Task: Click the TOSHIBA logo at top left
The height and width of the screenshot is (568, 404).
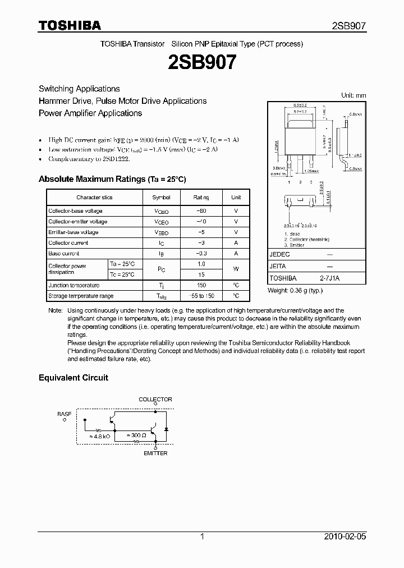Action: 70,25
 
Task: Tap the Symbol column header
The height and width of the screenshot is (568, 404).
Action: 162,198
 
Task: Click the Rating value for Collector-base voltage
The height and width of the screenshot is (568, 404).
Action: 201,211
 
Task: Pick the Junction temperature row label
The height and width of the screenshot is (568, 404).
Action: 74,285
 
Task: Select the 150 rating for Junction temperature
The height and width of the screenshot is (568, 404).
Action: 201,285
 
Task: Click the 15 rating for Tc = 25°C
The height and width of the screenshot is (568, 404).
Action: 201,275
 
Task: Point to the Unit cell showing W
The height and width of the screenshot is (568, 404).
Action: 236,269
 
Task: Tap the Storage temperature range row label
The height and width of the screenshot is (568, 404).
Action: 81,296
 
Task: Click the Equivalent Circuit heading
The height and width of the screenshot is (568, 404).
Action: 73,378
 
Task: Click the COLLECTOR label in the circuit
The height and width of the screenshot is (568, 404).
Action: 155,400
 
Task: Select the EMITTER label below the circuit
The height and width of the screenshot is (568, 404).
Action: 155,453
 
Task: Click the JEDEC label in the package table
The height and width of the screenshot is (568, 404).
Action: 279,254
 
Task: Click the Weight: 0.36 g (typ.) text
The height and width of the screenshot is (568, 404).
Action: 296,290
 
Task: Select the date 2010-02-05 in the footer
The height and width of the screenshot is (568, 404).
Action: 345,537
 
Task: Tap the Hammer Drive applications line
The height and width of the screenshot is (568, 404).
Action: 122,101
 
